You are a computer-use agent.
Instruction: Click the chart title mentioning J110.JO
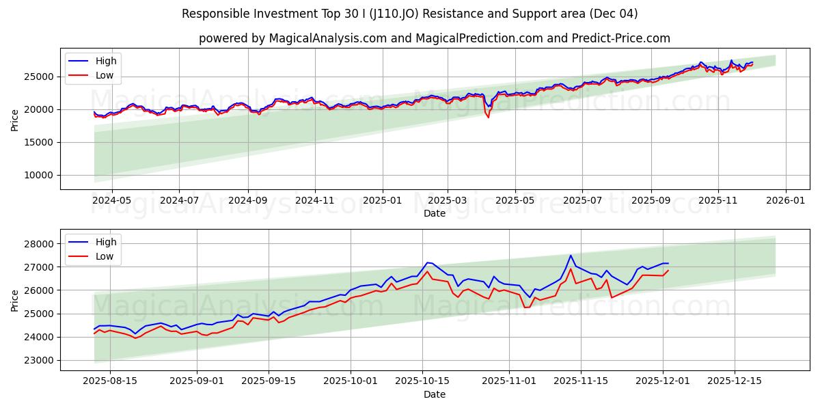coord(410,14)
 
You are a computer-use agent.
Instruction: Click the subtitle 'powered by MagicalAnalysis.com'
coord(435,38)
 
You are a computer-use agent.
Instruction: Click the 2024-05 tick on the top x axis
coord(112,200)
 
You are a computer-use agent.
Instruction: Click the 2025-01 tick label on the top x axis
coord(381,200)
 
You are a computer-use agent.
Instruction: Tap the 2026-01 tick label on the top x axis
coord(785,200)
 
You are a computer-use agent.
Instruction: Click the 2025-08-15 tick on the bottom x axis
coord(109,381)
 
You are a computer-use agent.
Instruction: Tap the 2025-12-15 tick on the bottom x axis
coord(734,381)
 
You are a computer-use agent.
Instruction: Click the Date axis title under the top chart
coord(435,213)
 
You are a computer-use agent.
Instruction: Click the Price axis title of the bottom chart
coord(15,300)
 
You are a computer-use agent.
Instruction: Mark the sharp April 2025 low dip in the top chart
coord(488,117)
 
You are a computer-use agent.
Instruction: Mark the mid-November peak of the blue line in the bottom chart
coord(571,256)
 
